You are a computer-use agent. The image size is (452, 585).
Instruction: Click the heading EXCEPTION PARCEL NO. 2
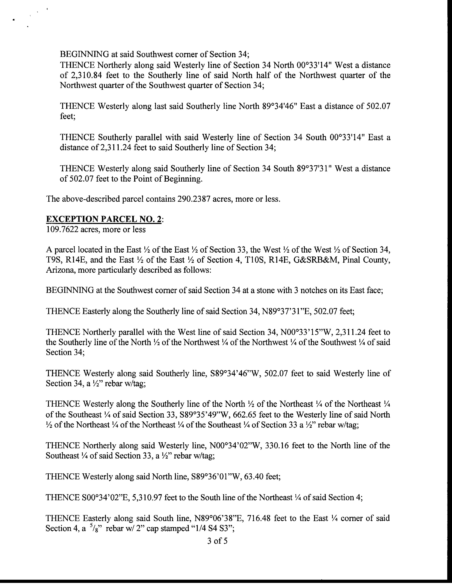(x=104, y=219)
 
